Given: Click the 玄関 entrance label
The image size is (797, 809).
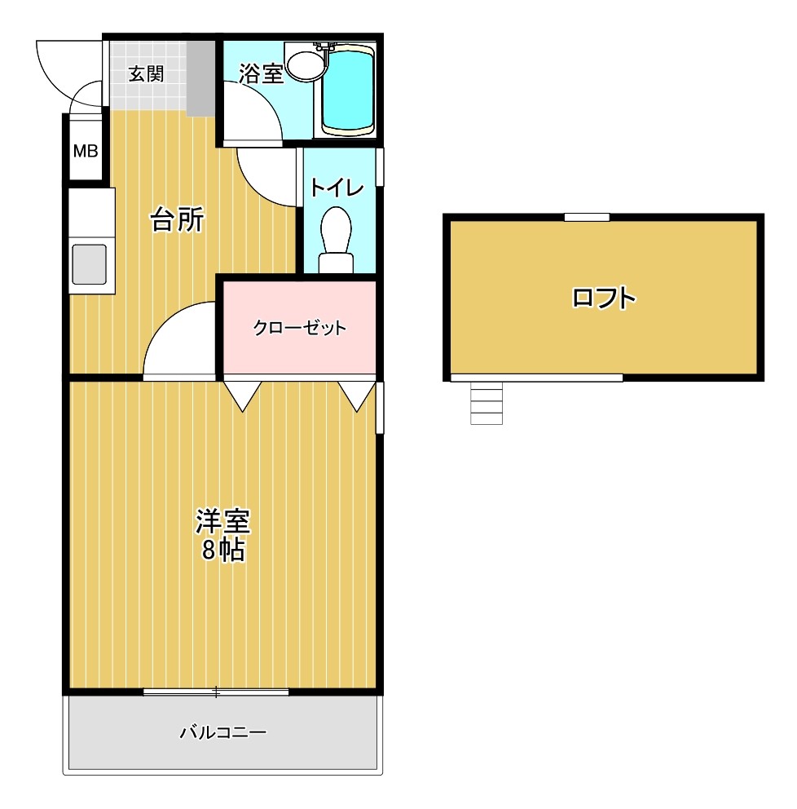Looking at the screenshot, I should [146, 73].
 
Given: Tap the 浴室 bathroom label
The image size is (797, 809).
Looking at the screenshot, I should [261, 73].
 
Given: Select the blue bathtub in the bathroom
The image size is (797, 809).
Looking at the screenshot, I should [348, 90].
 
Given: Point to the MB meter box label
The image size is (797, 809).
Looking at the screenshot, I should [86, 151].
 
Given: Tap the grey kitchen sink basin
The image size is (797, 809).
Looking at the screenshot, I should [90, 264].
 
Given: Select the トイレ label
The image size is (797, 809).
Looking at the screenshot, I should [336, 188].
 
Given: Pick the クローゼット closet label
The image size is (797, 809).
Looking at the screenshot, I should [300, 329].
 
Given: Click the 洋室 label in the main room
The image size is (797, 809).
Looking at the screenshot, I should [222, 520].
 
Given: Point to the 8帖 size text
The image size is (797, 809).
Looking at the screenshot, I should [222, 550].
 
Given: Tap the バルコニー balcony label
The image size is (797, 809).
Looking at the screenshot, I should [222, 732].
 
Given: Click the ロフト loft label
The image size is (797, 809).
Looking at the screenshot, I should [603, 298].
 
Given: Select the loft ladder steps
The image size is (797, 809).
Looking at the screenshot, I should [487, 404].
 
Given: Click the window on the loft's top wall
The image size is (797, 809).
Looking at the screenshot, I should [587, 217].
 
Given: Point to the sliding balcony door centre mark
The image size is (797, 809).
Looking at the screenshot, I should [216, 692].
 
